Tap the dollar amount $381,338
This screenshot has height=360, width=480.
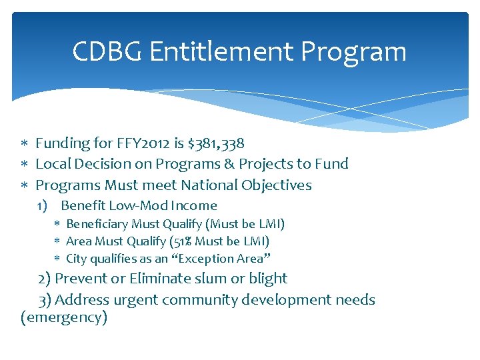click(216, 143)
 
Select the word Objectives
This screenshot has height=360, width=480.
click(281, 185)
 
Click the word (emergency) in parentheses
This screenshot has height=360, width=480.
click(64, 317)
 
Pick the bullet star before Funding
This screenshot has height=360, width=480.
click(24, 144)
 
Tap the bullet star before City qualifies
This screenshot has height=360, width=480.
click(57, 259)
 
